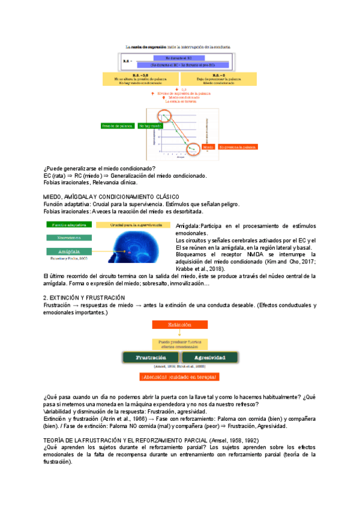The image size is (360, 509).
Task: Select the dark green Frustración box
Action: point(148,357)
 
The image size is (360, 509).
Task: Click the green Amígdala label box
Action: point(67,251)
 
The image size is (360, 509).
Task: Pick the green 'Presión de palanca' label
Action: point(118,127)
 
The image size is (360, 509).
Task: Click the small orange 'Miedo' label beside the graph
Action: point(208,146)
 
